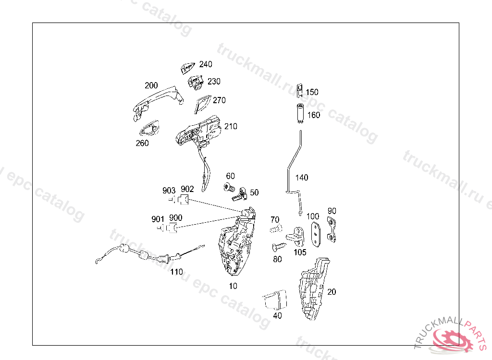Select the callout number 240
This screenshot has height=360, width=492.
pyautogui.click(x=205, y=64)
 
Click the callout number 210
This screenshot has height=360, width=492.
pyautogui.click(x=230, y=127)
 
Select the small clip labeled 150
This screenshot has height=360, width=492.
pyautogui.click(x=299, y=89)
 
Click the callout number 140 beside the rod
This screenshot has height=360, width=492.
pyautogui.click(x=302, y=178)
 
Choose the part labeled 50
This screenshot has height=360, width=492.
pyautogui.click(x=240, y=194)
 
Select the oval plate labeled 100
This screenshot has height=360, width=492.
pyautogui.click(x=316, y=233)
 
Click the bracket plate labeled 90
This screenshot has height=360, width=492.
pyautogui.click(x=332, y=228)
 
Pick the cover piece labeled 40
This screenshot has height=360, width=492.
pyautogui.click(x=275, y=300)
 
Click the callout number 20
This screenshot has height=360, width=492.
pyautogui.click(x=332, y=291)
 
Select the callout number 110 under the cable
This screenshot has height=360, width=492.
pyautogui.click(x=176, y=272)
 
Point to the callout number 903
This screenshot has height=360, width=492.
pyautogui.click(x=169, y=191)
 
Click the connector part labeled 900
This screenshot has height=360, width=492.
pyautogui.click(x=176, y=228)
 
